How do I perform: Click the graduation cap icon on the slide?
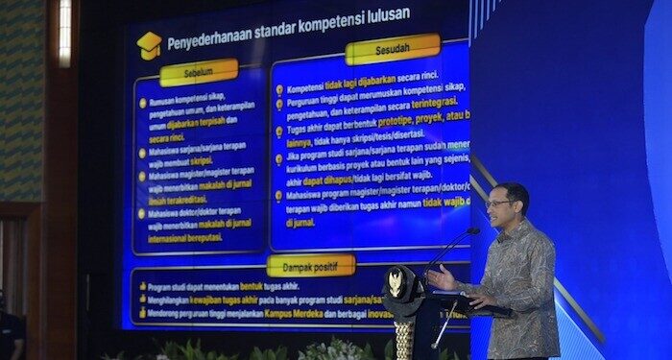click(x=149, y=44)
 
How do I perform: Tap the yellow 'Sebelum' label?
click(x=199, y=72)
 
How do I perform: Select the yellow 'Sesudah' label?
click(x=392, y=49)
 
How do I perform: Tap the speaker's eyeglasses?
click(x=498, y=203)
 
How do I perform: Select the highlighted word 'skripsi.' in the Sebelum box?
click(x=202, y=160)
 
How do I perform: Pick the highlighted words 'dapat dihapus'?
click(x=326, y=180)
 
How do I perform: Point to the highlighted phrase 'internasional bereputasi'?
click(x=185, y=237)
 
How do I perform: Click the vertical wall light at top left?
click(x=64, y=34)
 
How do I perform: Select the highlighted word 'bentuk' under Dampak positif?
click(x=252, y=286)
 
